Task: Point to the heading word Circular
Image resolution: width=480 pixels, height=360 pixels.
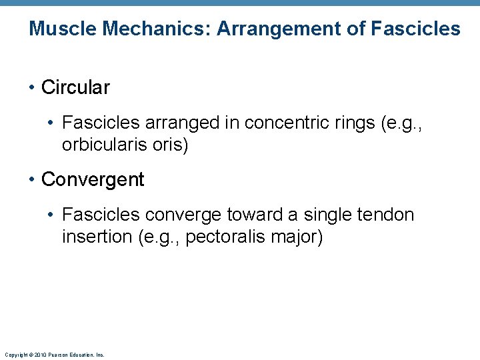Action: (x=75, y=87)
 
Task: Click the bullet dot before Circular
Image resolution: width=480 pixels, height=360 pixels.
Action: (x=32, y=87)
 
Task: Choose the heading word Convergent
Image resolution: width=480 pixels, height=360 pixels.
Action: (x=93, y=179)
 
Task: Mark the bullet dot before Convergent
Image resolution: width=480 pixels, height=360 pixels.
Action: (x=32, y=179)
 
